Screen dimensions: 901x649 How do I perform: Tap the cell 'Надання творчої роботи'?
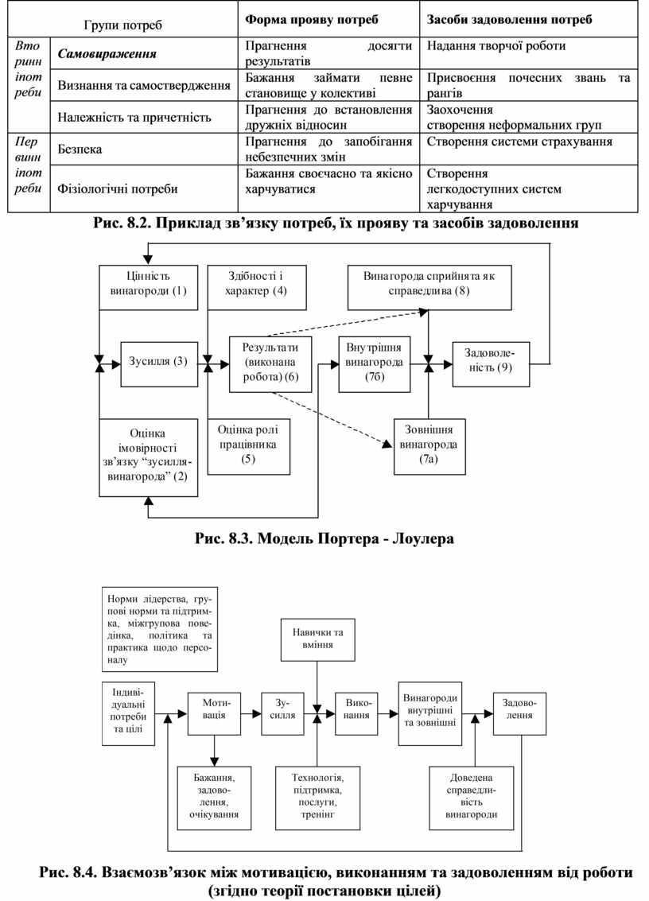tap(496, 46)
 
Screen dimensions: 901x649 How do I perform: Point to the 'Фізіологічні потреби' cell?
tap(118, 189)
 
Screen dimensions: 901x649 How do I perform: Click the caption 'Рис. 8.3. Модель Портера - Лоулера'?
tap(324, 538)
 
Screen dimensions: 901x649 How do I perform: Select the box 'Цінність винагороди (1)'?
tap(147, 283)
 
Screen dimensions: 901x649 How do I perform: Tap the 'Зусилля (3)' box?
tap(157, 363)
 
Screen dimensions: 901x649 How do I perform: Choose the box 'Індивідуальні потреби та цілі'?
tap(128, 712)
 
